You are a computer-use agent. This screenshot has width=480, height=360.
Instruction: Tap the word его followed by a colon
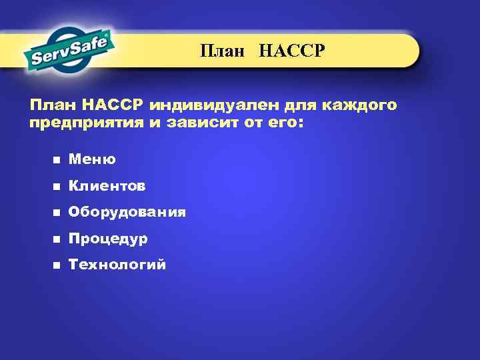point(285,123)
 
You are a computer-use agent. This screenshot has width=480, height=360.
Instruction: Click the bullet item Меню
point(92,159)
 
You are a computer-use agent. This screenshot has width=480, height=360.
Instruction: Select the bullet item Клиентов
point(107,186)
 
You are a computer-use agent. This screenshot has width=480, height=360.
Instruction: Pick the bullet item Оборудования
point(127,213)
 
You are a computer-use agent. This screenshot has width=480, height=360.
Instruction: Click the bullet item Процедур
point(108,239)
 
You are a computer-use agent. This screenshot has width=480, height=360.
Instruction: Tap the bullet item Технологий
point(117,265)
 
